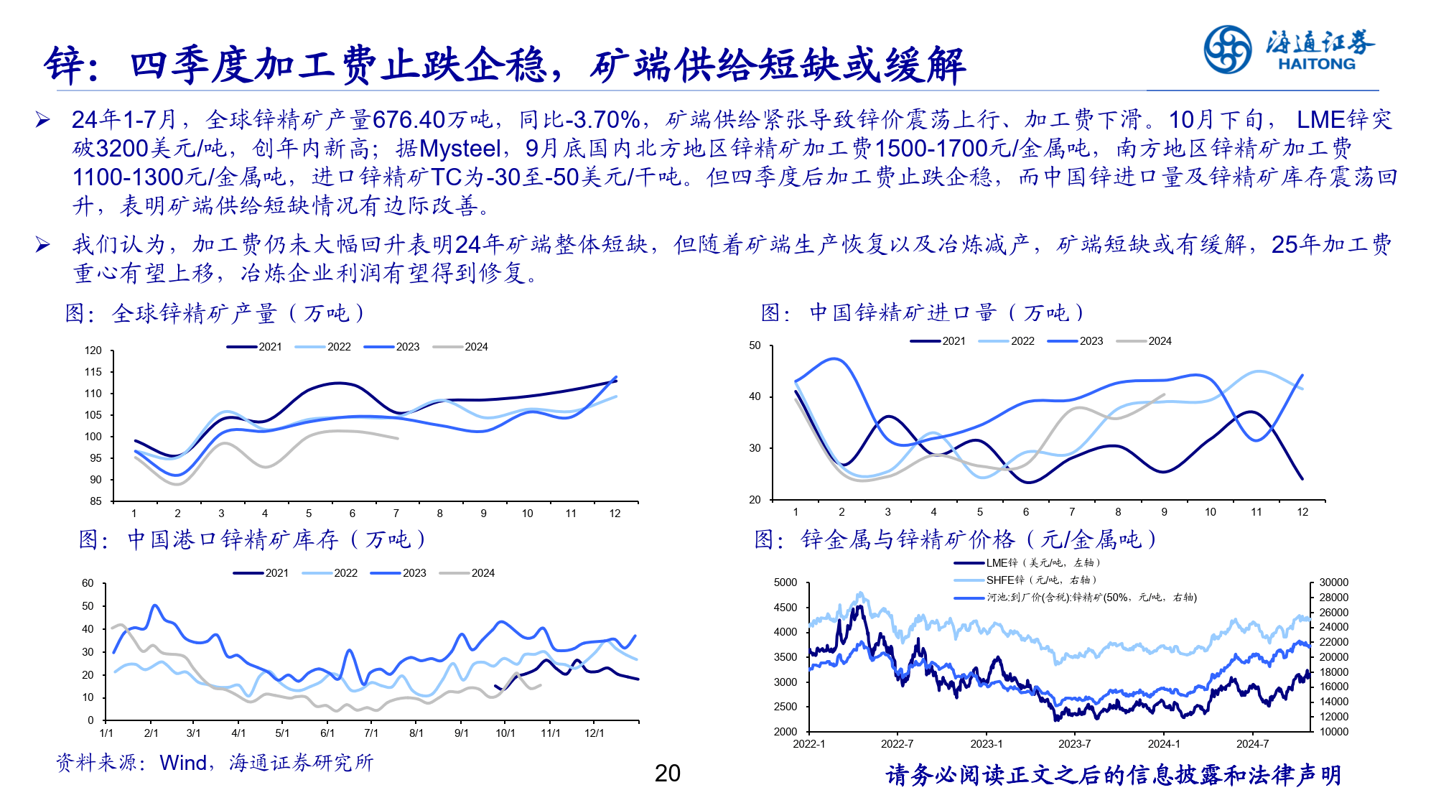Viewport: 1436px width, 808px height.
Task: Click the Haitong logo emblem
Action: click(1227, 49)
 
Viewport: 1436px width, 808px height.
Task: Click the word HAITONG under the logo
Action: click(1316, 64)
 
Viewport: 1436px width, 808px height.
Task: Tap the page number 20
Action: click(667, 774)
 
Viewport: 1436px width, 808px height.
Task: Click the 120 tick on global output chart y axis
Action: click(93, 350)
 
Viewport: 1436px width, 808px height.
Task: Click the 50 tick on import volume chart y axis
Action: click(755, 345)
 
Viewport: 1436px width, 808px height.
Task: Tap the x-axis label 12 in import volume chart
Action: click(1302, 512)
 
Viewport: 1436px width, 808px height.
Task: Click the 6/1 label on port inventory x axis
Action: click(327, 733)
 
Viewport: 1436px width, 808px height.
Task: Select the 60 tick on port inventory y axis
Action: click(88, 583)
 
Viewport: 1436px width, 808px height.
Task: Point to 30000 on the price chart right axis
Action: click(1333, 582)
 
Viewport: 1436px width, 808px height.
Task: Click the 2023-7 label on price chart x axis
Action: click(1074, 744)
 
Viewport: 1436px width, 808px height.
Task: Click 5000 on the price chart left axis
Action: click(785, 582)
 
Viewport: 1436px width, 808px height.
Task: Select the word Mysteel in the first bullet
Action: click(460, 149)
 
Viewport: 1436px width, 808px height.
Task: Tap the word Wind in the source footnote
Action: click(183, 763)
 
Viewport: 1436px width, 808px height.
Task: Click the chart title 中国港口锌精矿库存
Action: click(233, 539)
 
